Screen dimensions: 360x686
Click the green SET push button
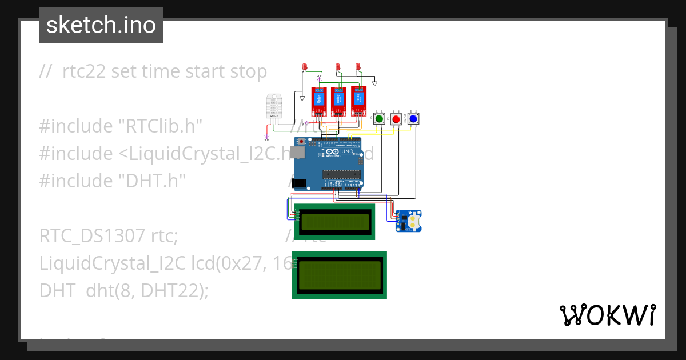point(378,119)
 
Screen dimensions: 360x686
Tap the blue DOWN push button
point(413,119)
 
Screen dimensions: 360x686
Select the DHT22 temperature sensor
point(274,107)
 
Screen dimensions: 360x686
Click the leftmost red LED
point(305,67)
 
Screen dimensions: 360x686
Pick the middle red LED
point(338,67)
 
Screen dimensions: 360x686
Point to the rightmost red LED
point(358,67)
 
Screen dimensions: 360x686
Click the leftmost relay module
point(318,100)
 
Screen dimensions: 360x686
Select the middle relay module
point(338,100)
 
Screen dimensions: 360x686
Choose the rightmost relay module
point(358,100)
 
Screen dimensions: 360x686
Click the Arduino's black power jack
point(298,183)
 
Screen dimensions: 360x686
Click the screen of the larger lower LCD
point(340,275)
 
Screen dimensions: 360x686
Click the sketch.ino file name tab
point(101,25)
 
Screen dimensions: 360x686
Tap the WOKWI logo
point(607,315)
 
